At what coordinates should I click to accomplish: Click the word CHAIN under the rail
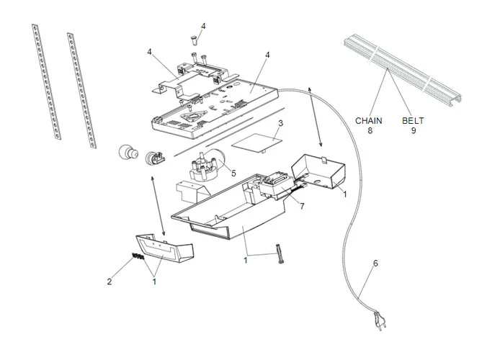point(369,121)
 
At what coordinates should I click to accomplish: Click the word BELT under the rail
point(414,121)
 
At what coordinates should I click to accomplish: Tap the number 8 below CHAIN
point(369,131)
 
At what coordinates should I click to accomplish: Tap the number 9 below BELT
point(414,131)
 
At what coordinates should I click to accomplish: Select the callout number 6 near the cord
point(375,264)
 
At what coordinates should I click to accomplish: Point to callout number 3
point(280,124)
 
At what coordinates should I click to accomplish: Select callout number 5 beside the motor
point(233,173)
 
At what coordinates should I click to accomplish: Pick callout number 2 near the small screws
point(110,282)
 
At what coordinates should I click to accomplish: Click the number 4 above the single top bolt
point(202,26)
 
